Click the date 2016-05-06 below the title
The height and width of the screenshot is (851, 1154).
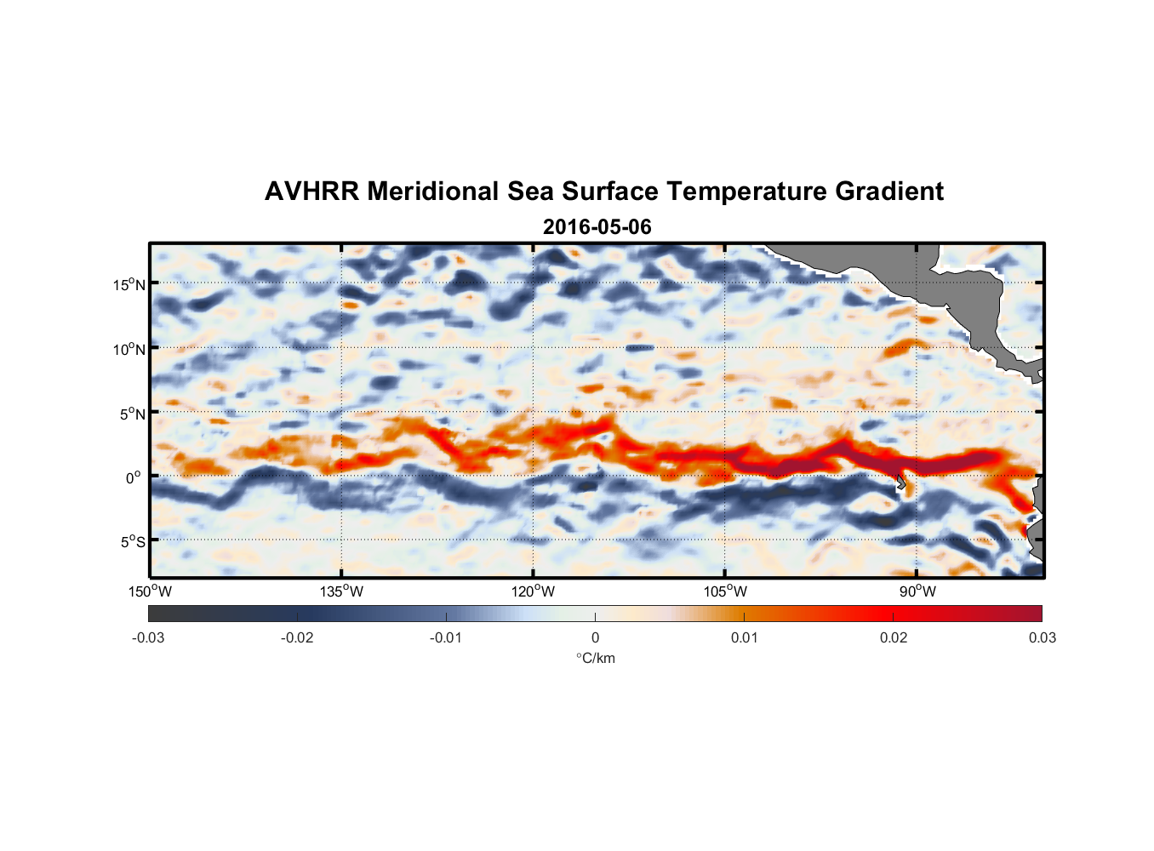[x=597, y=227]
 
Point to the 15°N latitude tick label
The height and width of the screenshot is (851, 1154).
[x=129, y=284]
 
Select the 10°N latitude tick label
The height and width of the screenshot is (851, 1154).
[x=129, y=349]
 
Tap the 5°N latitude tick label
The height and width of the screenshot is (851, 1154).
[x=132, y=414]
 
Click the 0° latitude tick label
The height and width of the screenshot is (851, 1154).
[x=134, y=477]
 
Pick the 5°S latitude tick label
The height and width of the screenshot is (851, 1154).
[x=132, y=541]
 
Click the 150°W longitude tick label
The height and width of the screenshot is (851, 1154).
[x=150, y=591]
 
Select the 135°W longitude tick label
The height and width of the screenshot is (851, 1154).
[x=341, y=591]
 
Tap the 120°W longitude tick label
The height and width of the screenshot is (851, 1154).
[x=533, y=591]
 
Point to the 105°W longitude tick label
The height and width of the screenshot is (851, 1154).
[x=725, y=591]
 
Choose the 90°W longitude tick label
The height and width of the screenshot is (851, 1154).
[x=917, y=591]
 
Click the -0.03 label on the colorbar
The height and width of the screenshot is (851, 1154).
[x=148, y=637]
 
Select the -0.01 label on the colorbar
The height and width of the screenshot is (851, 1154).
[x=446, y=637]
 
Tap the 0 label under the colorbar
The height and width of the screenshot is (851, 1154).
[x=595, y=637]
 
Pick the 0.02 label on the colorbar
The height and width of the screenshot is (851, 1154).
[x=894, y=637]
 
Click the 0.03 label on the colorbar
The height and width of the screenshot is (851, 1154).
[x=1042, y=637]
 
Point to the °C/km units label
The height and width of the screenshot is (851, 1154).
[x=596, y=658]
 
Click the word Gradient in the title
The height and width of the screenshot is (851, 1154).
[x=889, y=191]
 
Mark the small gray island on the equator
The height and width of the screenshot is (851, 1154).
[x=900, y=482]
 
